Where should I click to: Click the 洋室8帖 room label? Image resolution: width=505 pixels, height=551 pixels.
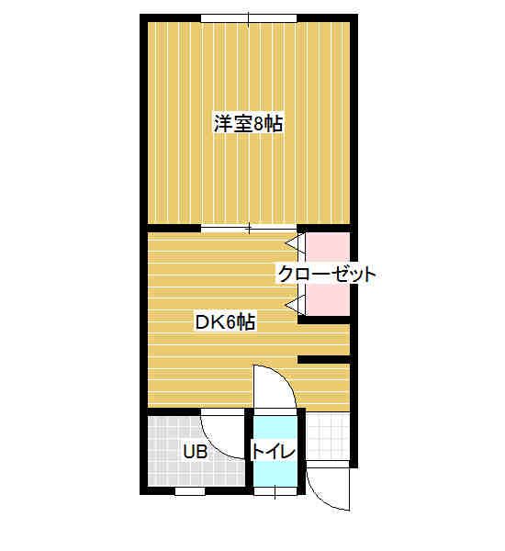click(x=249, y=123)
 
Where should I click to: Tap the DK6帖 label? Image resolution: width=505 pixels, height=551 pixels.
click(x=225, y=322)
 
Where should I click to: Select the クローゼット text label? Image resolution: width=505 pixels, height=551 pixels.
click(x=327, y=274)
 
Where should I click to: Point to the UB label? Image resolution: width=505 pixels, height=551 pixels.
click(x=195, y=452)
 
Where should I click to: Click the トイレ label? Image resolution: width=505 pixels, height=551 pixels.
click(x=274, y=452)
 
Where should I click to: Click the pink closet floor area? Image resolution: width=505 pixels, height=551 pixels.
click(x=328, y=274)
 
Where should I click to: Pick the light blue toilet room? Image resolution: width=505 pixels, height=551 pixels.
click(x=275, y=452)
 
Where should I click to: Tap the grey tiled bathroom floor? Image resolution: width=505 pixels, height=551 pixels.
click(x=196, y=452)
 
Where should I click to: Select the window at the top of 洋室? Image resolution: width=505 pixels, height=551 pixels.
click(x=249, y=18)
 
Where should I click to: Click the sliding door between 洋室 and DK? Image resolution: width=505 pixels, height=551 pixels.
click(x=249, y=229)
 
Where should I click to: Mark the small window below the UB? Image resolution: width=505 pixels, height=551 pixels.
click(x=190, y=491)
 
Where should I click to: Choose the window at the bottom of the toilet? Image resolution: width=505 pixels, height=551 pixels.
click(x=275, y=491)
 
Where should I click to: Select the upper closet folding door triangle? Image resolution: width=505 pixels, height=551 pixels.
click(x=296, y=242)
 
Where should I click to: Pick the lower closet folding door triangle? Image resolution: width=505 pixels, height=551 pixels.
click(x=296, y=305)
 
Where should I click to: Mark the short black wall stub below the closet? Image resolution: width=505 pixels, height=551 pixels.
click(x=324, y=359)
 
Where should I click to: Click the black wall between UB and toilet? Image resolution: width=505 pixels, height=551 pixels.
click(x=249, y=452)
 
